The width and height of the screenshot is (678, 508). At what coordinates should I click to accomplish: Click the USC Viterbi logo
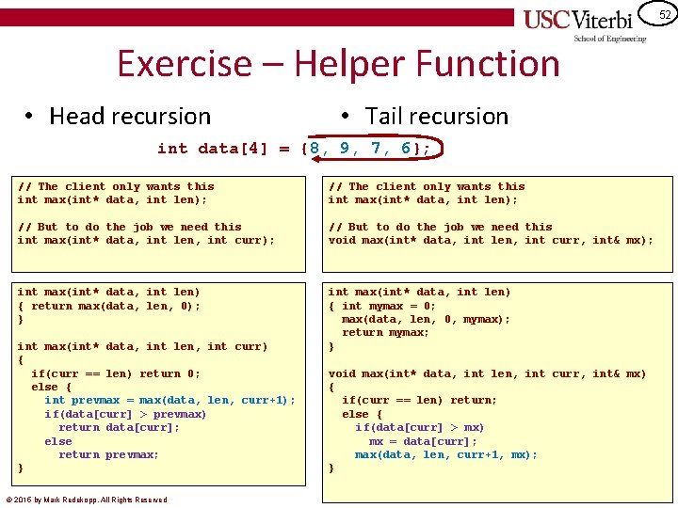(x=584, y=23)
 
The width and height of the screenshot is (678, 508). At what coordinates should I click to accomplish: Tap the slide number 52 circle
(x=664, y=14)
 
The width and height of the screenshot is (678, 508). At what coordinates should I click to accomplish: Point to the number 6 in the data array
(x=406, y=149)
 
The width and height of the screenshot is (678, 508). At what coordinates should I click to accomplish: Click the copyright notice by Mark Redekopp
(x=87, y=500)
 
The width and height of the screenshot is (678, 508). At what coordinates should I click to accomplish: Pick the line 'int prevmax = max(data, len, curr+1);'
(x=169, y=401)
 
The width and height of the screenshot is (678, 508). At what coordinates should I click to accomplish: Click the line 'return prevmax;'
(x=108, y=454)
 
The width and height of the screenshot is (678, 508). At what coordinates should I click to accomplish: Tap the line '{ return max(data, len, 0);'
(x=108, y=306)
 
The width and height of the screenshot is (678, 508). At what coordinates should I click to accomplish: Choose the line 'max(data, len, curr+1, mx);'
(x=445, y=454)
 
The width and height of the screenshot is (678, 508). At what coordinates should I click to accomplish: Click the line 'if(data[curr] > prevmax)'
(x=125, y=414)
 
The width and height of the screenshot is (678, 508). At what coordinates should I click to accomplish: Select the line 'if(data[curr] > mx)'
(x=419, y=428)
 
